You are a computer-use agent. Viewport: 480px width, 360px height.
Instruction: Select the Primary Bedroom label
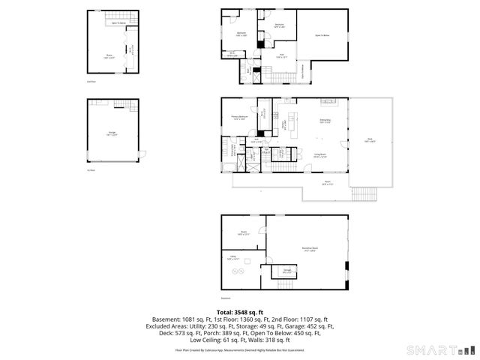239,117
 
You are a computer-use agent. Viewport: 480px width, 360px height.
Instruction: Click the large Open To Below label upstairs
324,35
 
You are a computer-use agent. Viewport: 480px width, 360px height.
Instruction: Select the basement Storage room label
286,270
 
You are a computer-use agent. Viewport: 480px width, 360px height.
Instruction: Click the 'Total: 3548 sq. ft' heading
239,311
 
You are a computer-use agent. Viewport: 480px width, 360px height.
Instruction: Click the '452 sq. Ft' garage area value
319,327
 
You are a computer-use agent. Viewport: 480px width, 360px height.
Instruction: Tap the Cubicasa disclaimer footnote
240,349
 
